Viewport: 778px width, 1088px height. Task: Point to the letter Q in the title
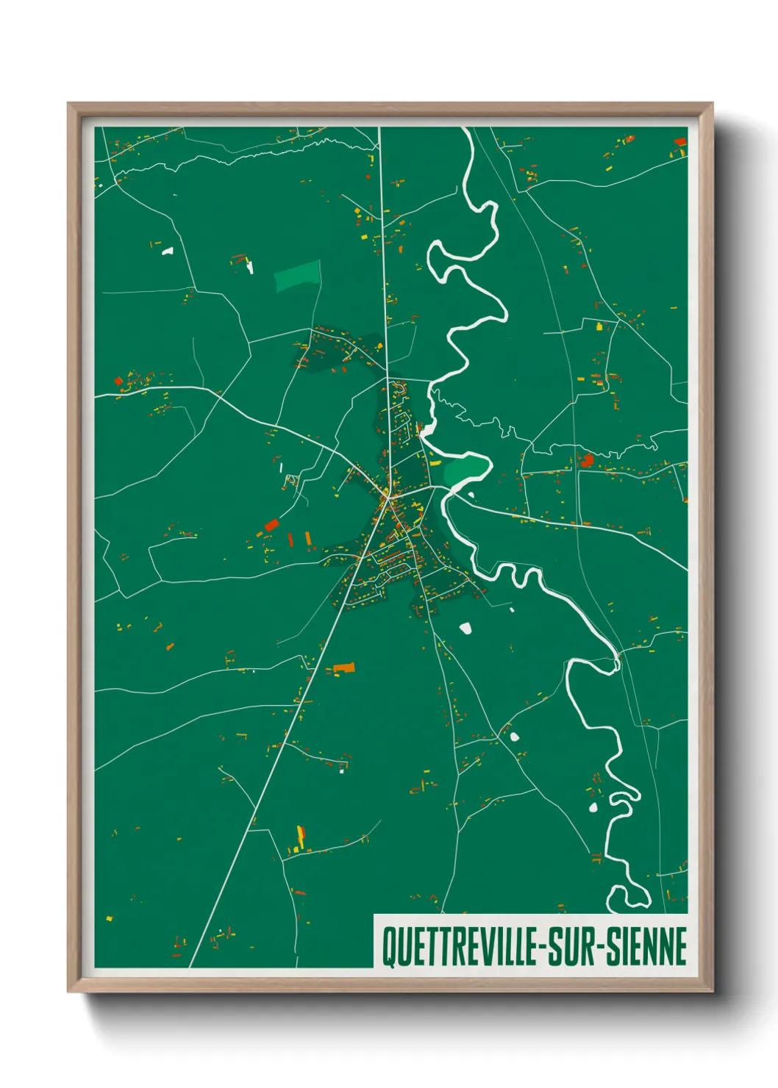388,948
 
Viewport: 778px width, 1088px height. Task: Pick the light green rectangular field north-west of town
298,276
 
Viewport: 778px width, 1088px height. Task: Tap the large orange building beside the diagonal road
344,668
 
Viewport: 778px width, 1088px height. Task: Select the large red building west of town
271,525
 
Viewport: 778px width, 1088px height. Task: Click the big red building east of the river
587,461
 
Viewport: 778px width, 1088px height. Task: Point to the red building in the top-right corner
680,140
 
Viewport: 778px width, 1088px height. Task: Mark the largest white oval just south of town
465,628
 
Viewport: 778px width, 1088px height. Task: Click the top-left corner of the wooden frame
68,104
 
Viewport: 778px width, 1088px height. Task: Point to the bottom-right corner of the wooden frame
712,991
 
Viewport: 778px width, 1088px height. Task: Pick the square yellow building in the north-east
599,326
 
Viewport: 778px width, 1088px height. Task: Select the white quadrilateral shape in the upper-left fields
168,251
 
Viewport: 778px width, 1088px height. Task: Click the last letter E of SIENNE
680,948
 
